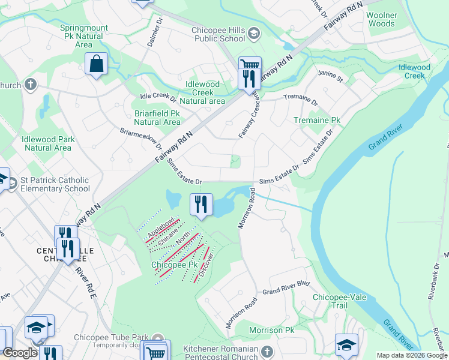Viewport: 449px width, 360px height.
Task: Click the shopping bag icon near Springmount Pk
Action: pyautogui.click(x=96, y=64)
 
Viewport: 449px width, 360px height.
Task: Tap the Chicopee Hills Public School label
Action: pyautogui.click(x=218, y=34)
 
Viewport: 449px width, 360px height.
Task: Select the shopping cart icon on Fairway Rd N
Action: pyautogui.click(x=249, y=65)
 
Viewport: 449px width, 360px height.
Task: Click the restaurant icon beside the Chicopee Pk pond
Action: pyautogui.click(x=201, y=205)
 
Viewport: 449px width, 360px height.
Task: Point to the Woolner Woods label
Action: pyautogui.click(x=382, y=19)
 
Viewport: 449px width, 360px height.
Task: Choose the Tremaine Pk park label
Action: pyautogui.click(x=316, y=121)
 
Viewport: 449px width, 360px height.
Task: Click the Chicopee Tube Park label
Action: pyautogui.click(x=107, y=337)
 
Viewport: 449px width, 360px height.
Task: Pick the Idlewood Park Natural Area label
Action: pyautogui.click(x=48, y=143)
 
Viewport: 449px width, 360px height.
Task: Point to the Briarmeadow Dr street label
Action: pyautogui.click(x=142, y=139)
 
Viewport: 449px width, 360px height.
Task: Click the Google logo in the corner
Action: pyautogui.click(x=20, y=353)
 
